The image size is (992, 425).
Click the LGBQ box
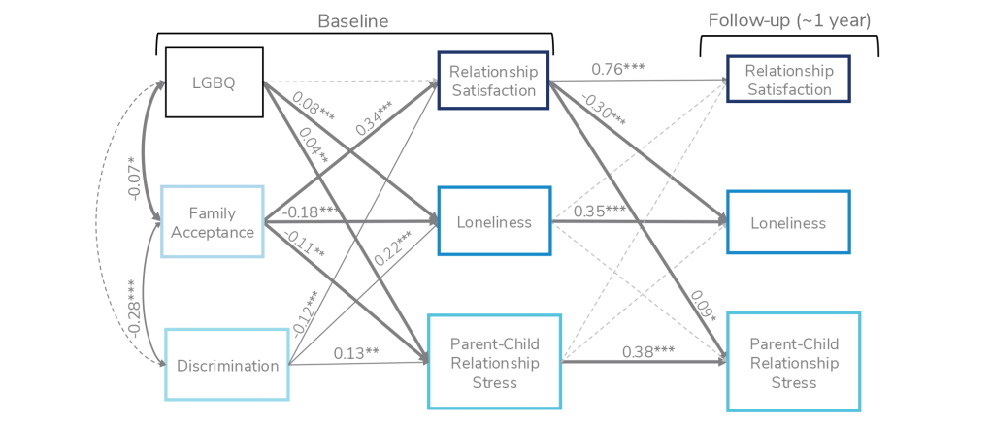click(x=214, y=82)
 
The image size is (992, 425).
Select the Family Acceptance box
click(x=212, y=222)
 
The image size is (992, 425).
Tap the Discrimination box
click(x=227, y=366)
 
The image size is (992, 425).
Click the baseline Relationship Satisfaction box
click(x=493, y=82)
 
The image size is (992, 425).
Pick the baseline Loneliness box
click(x=494, y=222)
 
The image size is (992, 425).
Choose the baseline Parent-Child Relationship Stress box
click(x=494, y=363)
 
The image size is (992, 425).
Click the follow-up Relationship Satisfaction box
click(x=788, y=81)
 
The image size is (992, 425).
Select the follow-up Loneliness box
click(x=788, y=223)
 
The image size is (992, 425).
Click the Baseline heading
click(x=353, y=21)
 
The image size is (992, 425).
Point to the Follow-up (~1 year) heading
click(x=788, y=21)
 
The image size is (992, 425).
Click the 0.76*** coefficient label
click(x=618, y=68)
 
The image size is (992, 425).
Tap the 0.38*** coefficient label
click(x=648, y=351)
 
